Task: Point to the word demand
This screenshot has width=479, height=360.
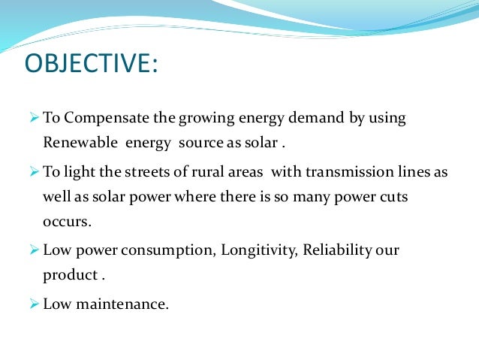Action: pos(318,119)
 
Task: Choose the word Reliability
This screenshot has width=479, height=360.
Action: pos(337,250)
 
